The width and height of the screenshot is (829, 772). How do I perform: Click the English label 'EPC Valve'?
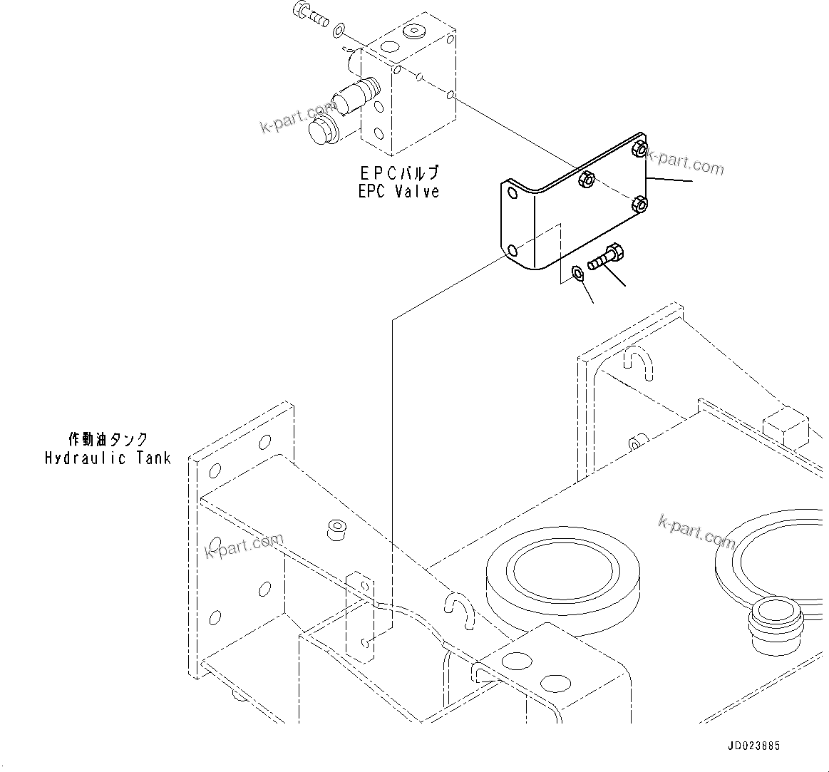point(398,191)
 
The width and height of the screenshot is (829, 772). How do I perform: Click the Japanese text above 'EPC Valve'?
point(398,173)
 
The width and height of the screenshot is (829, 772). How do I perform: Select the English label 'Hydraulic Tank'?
point(108,458)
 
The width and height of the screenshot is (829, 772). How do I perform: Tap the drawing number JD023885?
point(753,746)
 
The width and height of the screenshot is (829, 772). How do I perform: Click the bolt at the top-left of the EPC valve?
point(309,14)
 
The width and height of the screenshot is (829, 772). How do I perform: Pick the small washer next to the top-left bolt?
point(340,29)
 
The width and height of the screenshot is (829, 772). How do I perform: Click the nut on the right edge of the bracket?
point(639,204)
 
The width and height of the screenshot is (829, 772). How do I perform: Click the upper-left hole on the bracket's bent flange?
point(512,193)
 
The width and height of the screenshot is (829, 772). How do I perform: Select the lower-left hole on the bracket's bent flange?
point(512,249)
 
